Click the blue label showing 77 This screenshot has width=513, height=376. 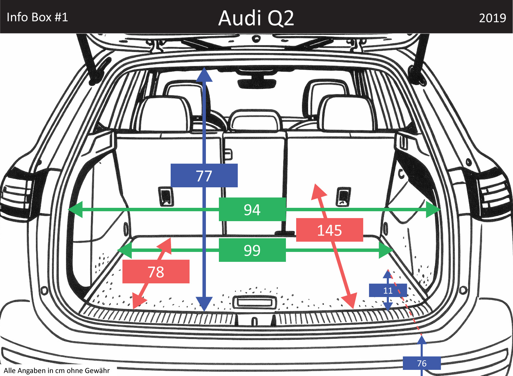pyautogui.click(x=204, y=175)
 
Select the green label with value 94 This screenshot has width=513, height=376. pyautogui.click(x=252, y=209)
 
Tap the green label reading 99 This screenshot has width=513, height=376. pyautogui.click(x=252, y=250)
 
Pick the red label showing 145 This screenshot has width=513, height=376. pyautogui.click(x=329, y=230)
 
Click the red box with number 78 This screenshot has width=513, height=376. pyautogui.click(x=156, y=272)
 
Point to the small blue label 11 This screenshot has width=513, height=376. pyautogui.click(x=388, y=291)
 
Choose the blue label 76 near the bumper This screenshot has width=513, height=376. pyautogui.click(x=422, y=363)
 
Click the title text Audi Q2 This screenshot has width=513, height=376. pyautogui.click(x=256, y=18)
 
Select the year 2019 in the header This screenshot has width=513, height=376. pyautogui.click(x=492, y=18)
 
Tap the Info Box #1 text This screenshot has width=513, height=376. pyautogui.click(x=37, y=17)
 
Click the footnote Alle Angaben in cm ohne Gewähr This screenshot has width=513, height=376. pyautogui.click(x=57, y=371)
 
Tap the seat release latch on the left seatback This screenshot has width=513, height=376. pyautogui.click(x=166, y=196)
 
